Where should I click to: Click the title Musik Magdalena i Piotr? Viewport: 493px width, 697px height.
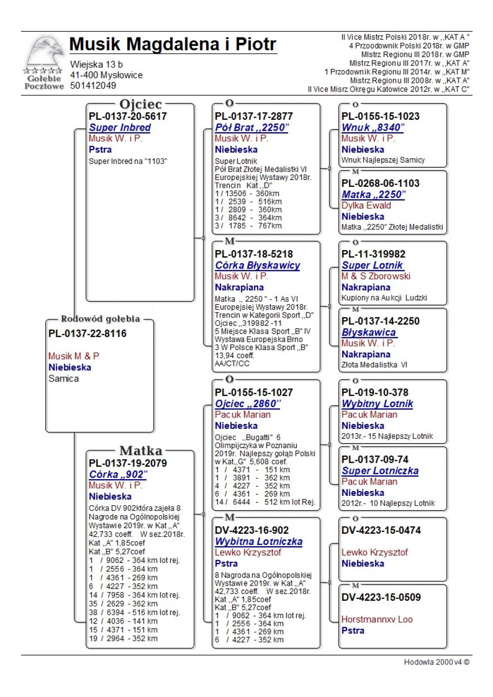point(173,44)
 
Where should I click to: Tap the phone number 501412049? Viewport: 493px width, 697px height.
point(93,86)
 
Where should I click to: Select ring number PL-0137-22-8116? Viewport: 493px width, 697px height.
point(87,334)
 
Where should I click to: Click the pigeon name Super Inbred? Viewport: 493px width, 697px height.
point(120,127)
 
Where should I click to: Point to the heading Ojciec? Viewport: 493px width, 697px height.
point(141,105)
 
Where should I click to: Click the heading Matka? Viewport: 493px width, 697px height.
point(141,451)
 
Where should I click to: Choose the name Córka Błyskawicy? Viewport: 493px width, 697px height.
point(257,265)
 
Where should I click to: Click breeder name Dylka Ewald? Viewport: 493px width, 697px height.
point(366,206)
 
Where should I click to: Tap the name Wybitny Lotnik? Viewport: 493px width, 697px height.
point(377,404)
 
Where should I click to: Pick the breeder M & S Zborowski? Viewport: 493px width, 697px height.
point(376,276)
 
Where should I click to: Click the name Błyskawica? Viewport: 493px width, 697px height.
point(369,333)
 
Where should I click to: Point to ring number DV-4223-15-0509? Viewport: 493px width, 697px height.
point(381,597)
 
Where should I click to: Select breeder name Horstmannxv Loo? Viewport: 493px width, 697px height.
point(377,620)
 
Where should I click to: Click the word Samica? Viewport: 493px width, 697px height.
point(64,379)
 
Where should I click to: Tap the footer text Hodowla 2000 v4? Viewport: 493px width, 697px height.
point(436,662)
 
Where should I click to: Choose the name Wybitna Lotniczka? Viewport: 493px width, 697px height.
point(258,541)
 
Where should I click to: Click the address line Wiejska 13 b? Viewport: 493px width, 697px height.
point(96,65)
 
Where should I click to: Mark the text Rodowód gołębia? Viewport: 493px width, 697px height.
point(100,319)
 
